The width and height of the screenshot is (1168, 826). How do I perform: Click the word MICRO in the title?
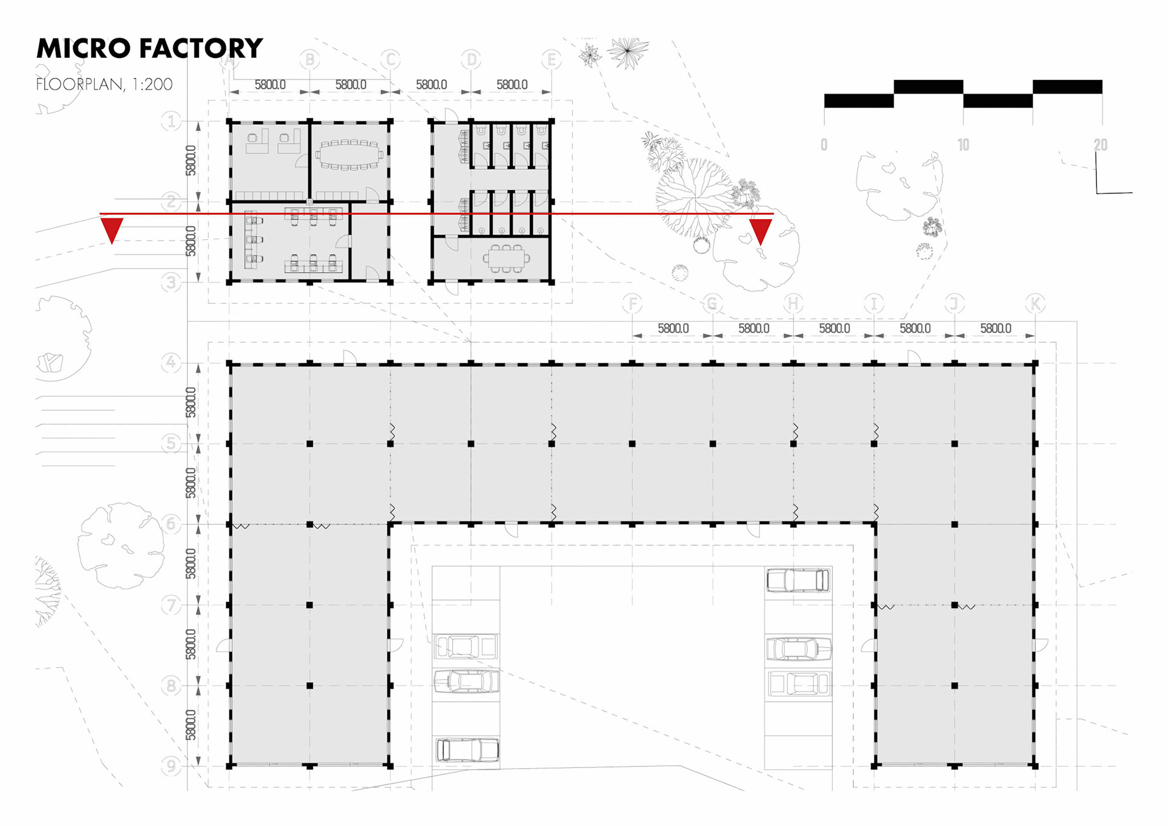(83, 49)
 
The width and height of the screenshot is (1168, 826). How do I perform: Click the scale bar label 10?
(963, 145)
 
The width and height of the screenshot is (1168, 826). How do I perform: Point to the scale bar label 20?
(1100, 145)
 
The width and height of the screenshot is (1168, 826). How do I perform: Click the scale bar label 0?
(824, 145)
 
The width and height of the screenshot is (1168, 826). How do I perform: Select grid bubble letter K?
(1035, 303)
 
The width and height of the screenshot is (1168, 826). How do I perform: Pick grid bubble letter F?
(633, 303)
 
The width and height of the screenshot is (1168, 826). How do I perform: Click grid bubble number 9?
(171, 766)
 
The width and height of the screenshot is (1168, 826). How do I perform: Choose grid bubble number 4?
(171, 363)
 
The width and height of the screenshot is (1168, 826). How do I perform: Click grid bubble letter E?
(551, 60)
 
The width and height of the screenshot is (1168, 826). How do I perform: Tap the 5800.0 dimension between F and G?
(673, 329)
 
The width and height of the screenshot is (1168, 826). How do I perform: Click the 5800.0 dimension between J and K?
(995, 329)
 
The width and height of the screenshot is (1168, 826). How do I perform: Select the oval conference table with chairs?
(349, 155)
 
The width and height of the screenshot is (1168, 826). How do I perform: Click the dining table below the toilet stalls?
(507, 259)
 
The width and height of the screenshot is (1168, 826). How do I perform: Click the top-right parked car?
(798, 580)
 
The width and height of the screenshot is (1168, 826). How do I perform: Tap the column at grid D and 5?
(471, 444)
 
